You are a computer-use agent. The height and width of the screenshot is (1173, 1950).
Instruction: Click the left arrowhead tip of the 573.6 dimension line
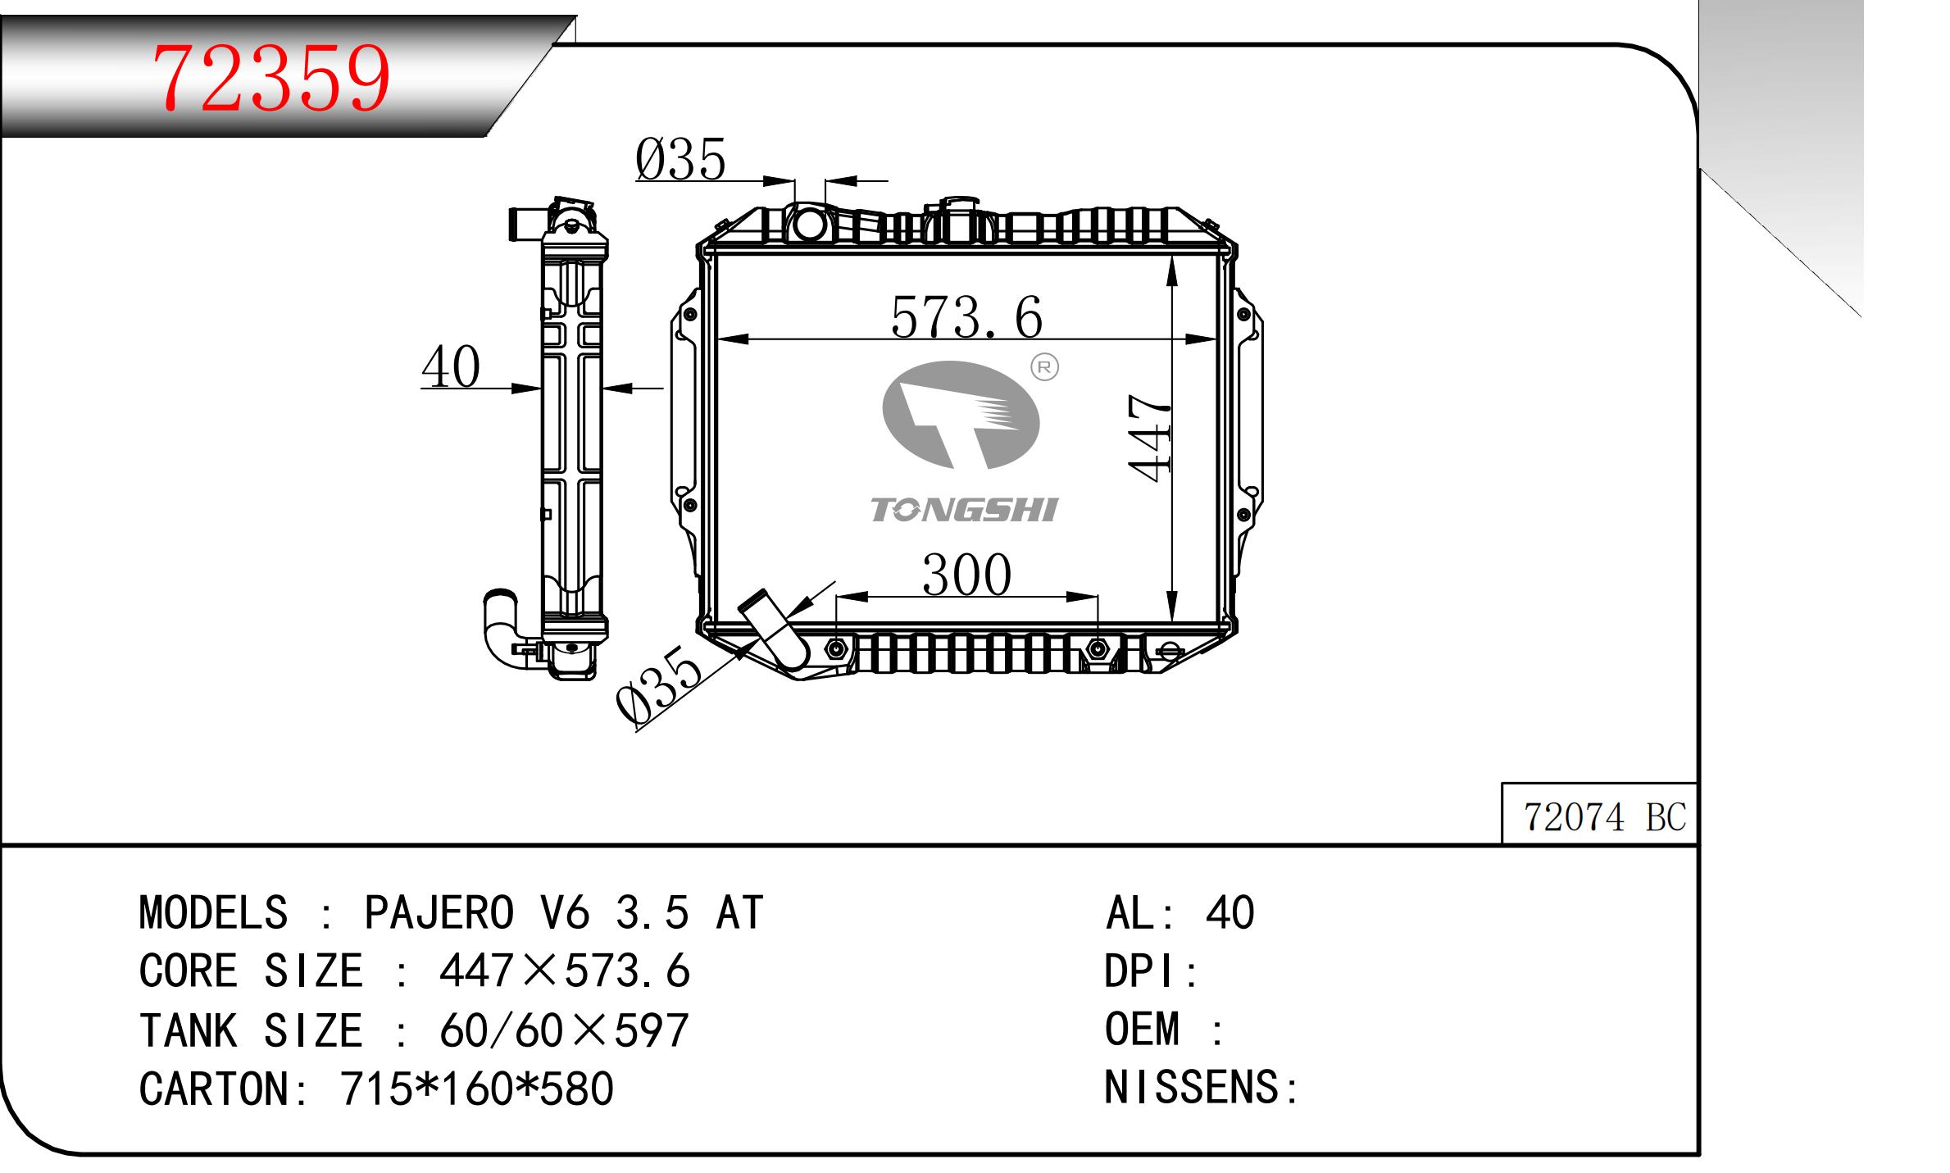pos(717,339)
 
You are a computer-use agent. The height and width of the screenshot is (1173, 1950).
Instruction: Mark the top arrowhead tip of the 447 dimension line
pos(1172,257)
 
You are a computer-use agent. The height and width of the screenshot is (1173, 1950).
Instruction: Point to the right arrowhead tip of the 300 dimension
pos(1098,597)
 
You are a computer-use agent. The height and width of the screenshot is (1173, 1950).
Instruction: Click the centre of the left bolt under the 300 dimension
pos(836,650)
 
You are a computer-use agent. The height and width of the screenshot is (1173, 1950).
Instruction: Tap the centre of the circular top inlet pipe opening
pos(809,224)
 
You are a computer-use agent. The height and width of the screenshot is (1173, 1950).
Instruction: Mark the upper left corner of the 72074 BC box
pos(1502,783)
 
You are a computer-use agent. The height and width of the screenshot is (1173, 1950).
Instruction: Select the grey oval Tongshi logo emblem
pos(961,416)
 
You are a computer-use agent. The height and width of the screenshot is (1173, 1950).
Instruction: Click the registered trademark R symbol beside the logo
pos(1044,367)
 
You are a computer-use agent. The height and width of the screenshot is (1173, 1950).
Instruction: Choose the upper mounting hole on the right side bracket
pos(1245,315)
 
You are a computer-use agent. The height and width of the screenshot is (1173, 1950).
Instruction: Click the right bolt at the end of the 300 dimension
pos(1098,650)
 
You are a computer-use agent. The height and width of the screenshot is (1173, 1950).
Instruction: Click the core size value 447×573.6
pos(565,971)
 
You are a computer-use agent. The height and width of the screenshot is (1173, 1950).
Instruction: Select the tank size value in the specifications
pos(564,1030)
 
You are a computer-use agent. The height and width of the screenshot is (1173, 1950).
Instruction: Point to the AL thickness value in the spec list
pos(1230,912)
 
